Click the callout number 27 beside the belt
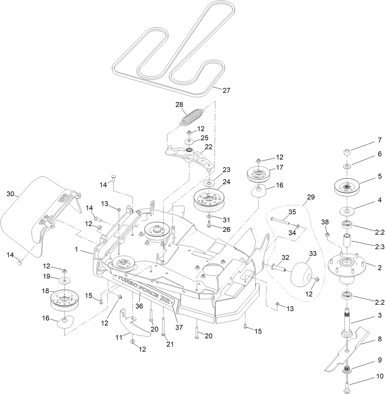(226, 90)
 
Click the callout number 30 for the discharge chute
(10, 194)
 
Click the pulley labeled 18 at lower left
(65, 300)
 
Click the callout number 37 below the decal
(179, 327)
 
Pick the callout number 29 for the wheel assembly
(311, 197)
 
